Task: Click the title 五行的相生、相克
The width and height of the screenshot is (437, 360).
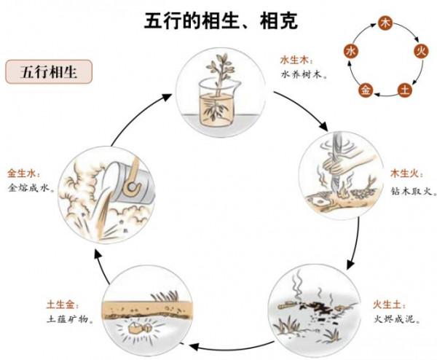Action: click(x=219, y=20)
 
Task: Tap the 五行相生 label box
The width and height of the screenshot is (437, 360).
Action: click(x=48, y=72)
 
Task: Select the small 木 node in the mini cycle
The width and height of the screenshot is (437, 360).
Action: click(x=386, y=24)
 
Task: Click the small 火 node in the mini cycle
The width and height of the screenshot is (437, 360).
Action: click(x=420, y=50)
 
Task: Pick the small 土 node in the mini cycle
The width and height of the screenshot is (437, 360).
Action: click(x=405, y=90)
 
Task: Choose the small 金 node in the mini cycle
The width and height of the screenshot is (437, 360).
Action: click(x=366, y=90)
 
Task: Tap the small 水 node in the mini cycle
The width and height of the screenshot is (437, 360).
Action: click(x=351, y=50)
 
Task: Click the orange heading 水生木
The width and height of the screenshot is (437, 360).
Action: click(x=295, y=60)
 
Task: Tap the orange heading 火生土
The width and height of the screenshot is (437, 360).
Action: click(x=389, y=304)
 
